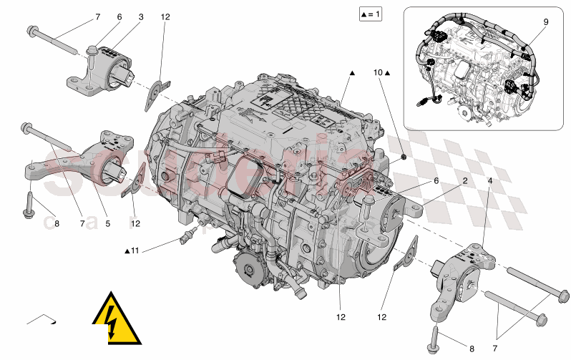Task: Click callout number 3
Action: point(141,16)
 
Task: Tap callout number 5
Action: point(107,224)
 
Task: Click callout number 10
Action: point(379,72)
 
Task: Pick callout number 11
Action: point(135,250)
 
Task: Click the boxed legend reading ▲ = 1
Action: point(371,14)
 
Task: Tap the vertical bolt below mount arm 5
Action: point(31,202)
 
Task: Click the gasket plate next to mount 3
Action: point(154,94)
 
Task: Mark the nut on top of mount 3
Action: point(93,50)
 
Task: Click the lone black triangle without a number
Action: point(352,73)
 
